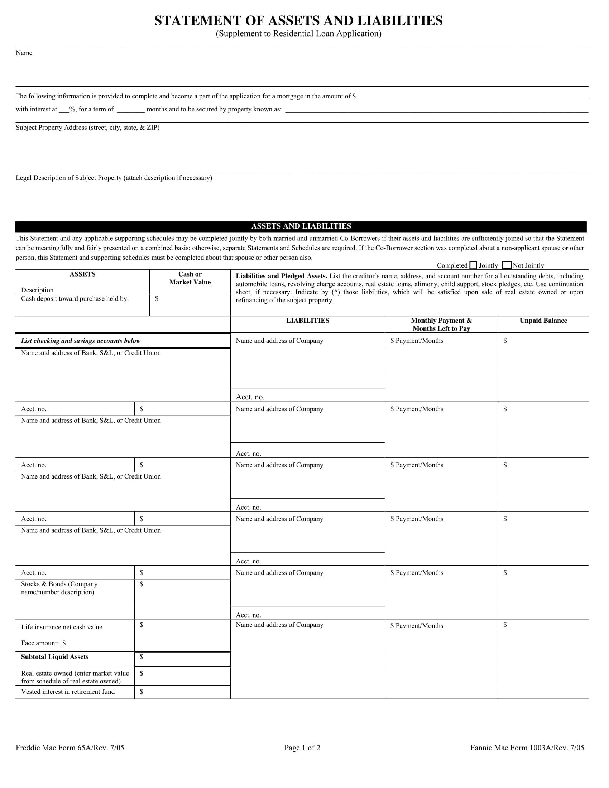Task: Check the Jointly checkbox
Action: coord(473,265)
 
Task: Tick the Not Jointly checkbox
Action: coord(507,265)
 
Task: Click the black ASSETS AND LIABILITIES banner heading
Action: coord(301,226)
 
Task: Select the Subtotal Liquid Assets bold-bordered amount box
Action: coord(182,659)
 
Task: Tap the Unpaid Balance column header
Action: coord(543,321)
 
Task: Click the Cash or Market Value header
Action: coord(190,278)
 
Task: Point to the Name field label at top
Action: coord(24,53)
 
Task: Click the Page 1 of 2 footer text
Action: coord(302,748)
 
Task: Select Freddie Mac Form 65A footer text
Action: coord(69,748)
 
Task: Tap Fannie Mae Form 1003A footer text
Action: coord(527,748)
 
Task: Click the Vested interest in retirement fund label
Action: coord(68,692)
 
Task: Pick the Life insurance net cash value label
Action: coord(62,627)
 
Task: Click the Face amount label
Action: coord(43,643)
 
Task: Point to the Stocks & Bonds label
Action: coord(59,584)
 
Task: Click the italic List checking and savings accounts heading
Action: coord(81,341)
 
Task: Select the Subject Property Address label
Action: coord(87,128)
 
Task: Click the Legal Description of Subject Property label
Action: coord(114,178)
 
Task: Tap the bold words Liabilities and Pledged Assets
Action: coord(281,276)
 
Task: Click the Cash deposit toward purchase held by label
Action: coord(75,299)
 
